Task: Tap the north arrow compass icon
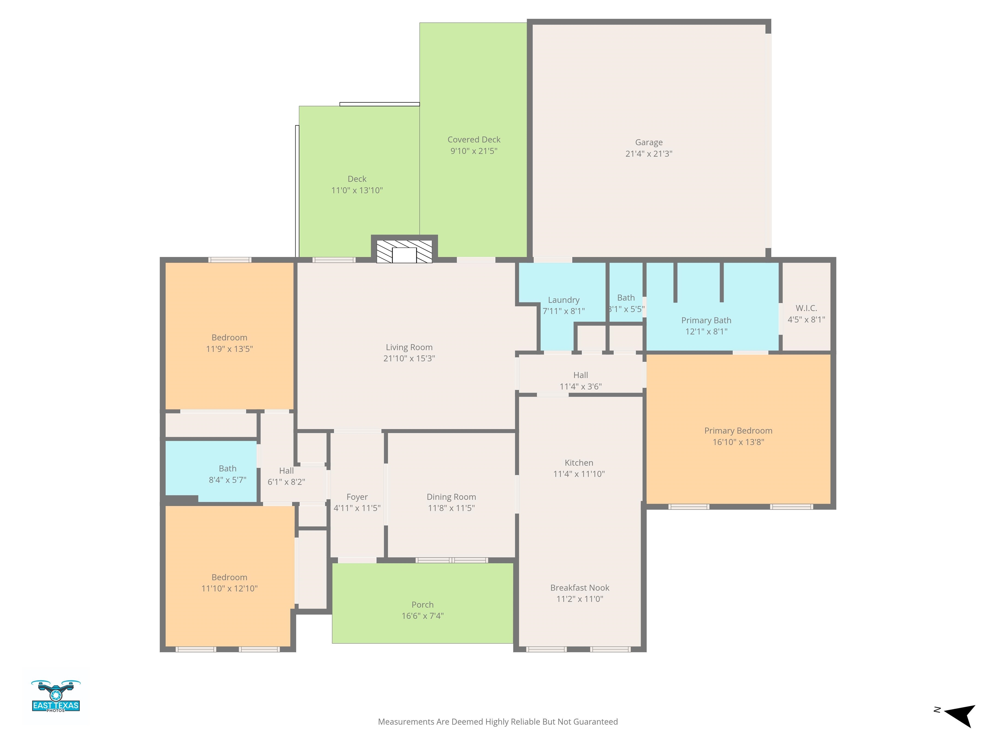[x=959, y=716]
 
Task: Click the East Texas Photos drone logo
[x=56, y=696]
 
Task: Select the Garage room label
[x=649, y=142]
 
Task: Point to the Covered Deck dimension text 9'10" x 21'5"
[x=474, y=151]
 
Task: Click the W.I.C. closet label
[x=806, y=308]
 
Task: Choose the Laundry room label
[x=563, y=300]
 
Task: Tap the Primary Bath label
[x=706, y=320]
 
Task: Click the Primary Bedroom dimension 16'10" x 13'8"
[x=738, y=442]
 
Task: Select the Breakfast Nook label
[x=579, y=587]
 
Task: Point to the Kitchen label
[x=579, y=462]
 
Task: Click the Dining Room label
[x=451, y=497]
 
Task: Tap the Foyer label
[x=357, y=497]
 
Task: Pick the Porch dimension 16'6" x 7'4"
[x=422, y=615]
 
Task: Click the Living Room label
[x=409, y=347]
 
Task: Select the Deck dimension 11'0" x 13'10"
[x=357, y=190]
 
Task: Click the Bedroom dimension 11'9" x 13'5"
[x=229, y=349]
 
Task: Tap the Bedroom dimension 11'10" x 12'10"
[x=229, y=588]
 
